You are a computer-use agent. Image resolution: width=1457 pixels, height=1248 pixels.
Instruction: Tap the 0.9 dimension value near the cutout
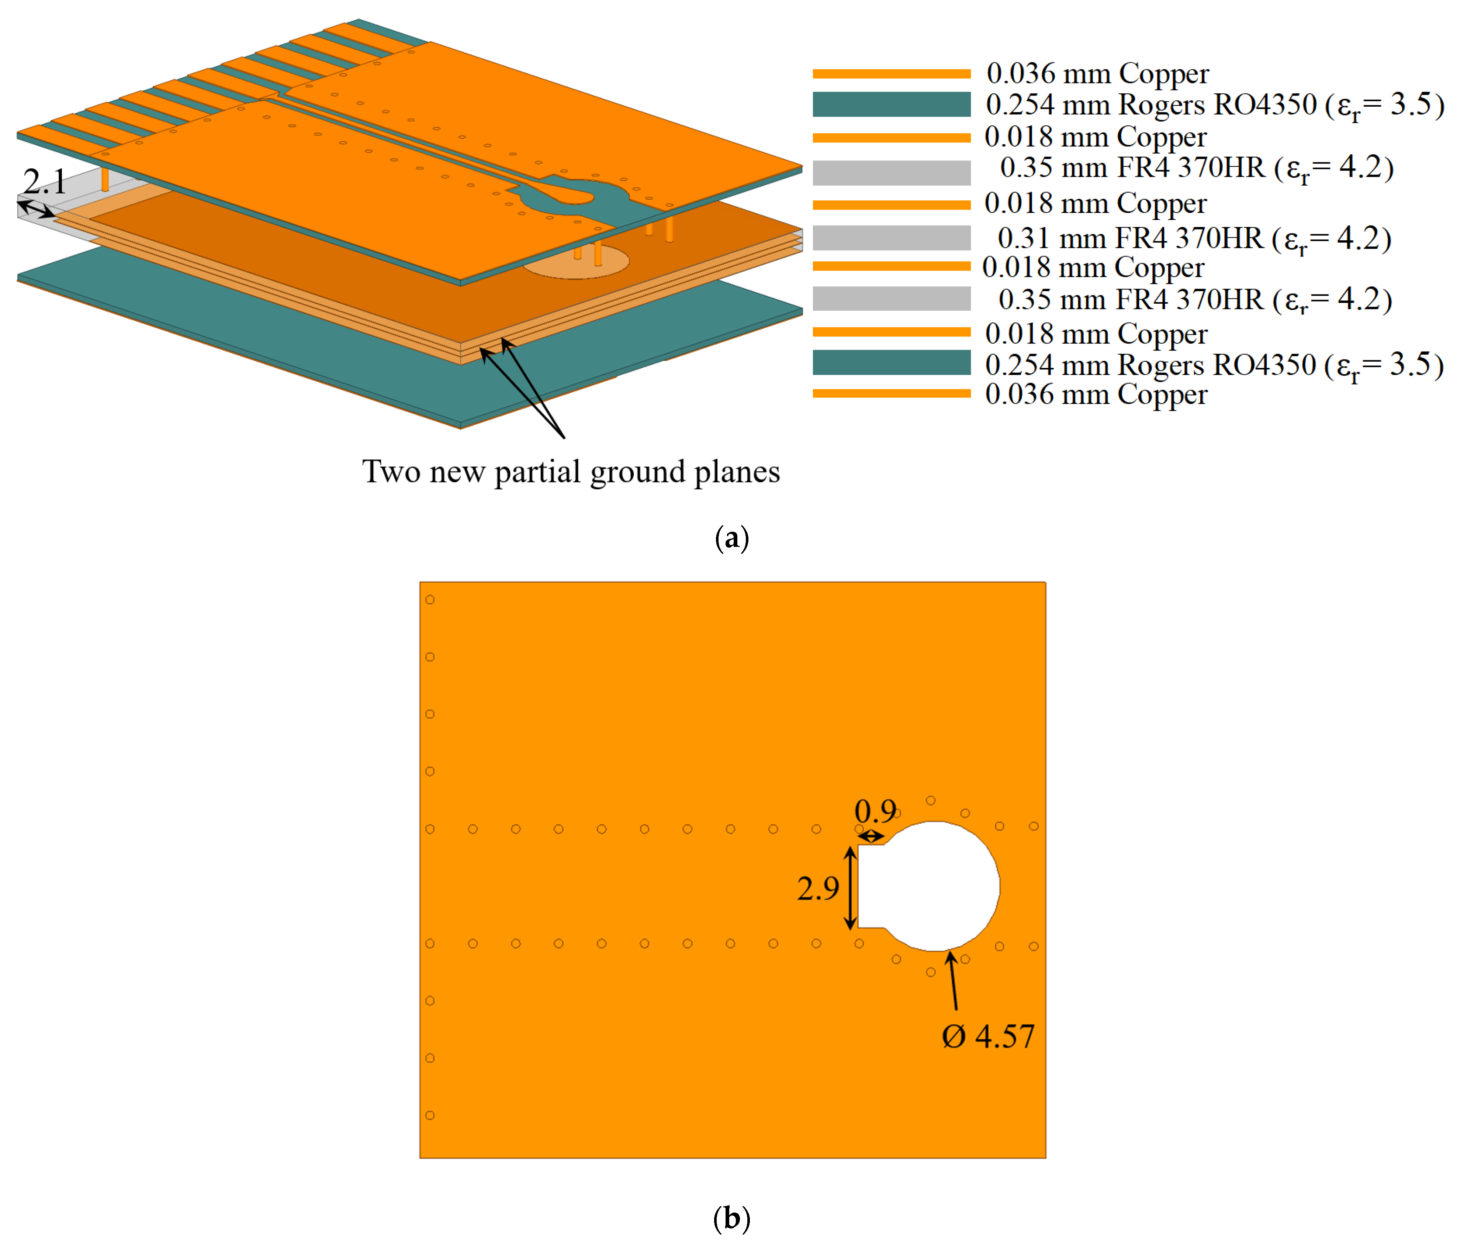875,811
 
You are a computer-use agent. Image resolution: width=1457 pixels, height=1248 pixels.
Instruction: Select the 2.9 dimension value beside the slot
818,889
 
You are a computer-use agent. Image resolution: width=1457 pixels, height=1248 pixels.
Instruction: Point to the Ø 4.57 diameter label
988,1036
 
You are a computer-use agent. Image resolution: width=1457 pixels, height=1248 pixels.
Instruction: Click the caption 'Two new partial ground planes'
570,471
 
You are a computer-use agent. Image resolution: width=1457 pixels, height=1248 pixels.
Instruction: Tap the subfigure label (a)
731,538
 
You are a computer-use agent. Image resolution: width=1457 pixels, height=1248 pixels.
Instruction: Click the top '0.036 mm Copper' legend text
1097,73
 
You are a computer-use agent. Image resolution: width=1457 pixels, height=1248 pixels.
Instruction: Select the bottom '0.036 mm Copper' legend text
1096,394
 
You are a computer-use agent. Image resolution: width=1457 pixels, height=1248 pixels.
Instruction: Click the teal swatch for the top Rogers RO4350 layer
891,104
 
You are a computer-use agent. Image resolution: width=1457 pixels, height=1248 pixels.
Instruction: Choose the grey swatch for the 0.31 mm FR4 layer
891,238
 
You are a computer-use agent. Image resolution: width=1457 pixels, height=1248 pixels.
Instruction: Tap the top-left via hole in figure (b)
430,599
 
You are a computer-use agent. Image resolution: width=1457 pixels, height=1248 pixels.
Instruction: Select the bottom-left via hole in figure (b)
430,1115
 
